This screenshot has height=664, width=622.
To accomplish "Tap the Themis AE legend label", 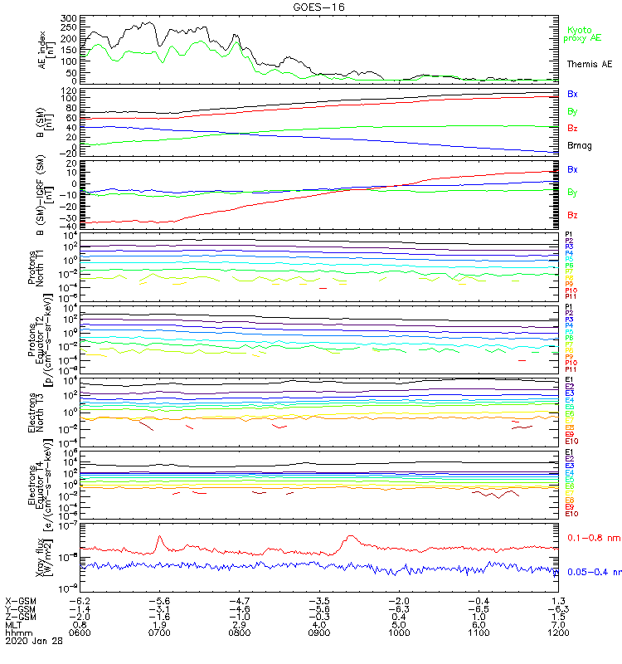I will pos(590,64).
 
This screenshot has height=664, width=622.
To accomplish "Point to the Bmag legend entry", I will pos(580,146).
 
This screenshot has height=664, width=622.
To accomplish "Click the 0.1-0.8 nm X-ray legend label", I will pos(590,538).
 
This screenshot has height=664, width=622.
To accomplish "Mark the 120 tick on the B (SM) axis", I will pos(69,89).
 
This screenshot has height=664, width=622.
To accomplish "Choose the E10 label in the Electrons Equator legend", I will pos(571,514).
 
